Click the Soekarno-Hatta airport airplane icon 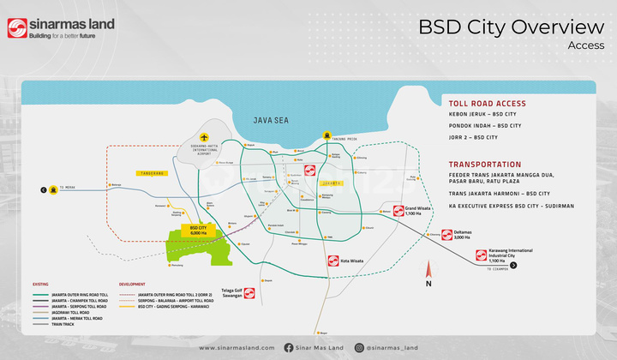[x=204, y=137]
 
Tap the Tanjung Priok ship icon [x=326, y=135]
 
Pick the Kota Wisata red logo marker [x=333, y=261]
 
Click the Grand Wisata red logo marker [x=398, y=210]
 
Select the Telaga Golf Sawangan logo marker [x=249, y=293]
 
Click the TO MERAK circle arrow [x=40, y=190]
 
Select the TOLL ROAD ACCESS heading [x=487, y=104]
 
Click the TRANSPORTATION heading [x=485, y=164]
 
